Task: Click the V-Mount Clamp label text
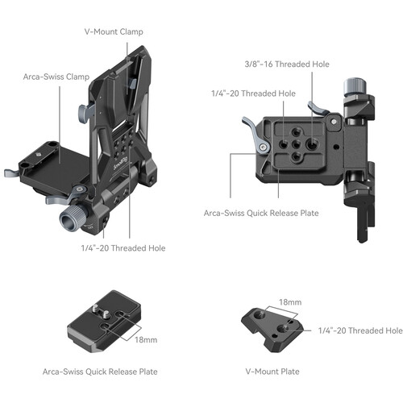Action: coord(114,32)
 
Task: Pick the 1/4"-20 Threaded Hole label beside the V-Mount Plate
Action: coord(360,330)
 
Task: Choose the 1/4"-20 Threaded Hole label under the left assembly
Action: coord(123,248)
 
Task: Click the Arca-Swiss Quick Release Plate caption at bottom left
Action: coord(101,372)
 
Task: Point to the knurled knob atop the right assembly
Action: coord(355,86)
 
